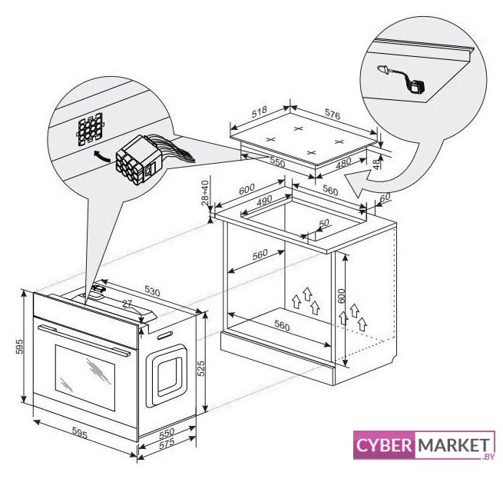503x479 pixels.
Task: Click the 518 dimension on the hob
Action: pos(260,111)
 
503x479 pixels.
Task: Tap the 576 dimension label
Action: pos(333,115)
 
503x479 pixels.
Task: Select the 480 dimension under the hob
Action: pos(343,164)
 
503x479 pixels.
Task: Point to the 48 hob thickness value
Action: pos(376,164)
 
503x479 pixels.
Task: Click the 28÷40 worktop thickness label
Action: pos(205,193)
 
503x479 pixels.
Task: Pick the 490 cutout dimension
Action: pos(264,201)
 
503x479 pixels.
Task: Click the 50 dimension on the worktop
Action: pos(324,223)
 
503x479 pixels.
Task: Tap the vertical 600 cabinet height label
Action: pos(341,296)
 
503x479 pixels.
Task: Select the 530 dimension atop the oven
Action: pos(152,291)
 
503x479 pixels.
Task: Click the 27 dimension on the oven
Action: pos(127,303)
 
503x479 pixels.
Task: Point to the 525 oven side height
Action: pos(200,369)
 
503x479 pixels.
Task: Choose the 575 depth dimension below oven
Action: pos(167,444)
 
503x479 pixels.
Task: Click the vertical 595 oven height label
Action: pos(20,347)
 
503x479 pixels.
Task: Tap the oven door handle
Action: pos(84,340)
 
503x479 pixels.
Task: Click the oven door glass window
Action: pos(85,378)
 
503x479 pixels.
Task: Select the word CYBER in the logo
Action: pos(384,446)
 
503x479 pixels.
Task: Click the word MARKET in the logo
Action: pos(454,445)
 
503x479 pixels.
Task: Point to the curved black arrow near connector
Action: pos(102,156)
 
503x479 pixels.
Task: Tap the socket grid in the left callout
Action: pos(90,128)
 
